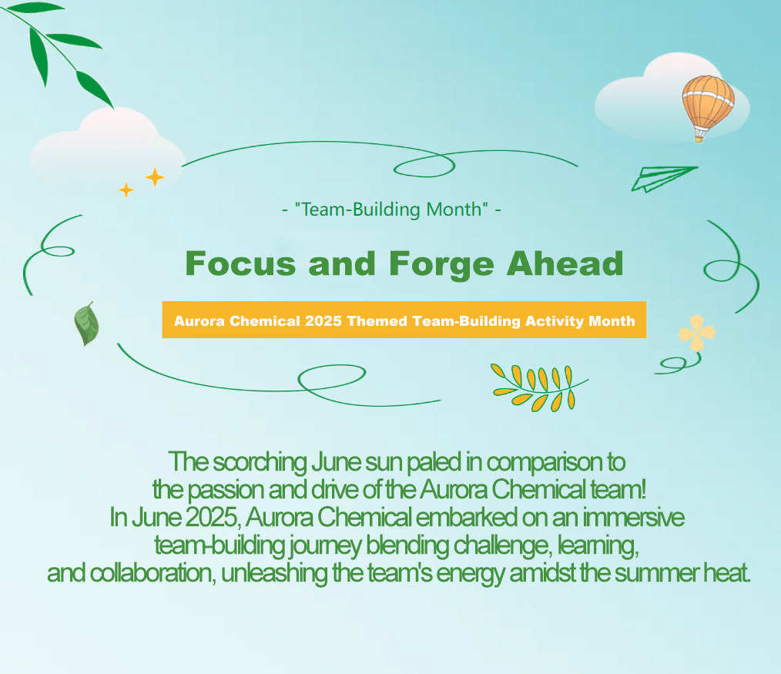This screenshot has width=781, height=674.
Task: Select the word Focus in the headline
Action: [x=240, y=263]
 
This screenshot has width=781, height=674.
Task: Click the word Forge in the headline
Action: [x=441, y=265]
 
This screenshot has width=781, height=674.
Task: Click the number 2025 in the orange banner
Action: [x=323, y=320]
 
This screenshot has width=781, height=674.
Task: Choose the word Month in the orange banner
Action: [x=612, y=320]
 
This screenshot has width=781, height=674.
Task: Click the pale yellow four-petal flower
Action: [x=696, y=332]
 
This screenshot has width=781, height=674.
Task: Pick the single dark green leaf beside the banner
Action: [x=86, y=324]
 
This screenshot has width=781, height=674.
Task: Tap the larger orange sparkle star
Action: [x=155, y=177]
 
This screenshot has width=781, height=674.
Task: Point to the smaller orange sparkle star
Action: [x=126, y=189]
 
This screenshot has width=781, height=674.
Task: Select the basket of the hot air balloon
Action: [x=699, y=136]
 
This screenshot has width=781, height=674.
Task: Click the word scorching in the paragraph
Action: [x=260, y=462]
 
